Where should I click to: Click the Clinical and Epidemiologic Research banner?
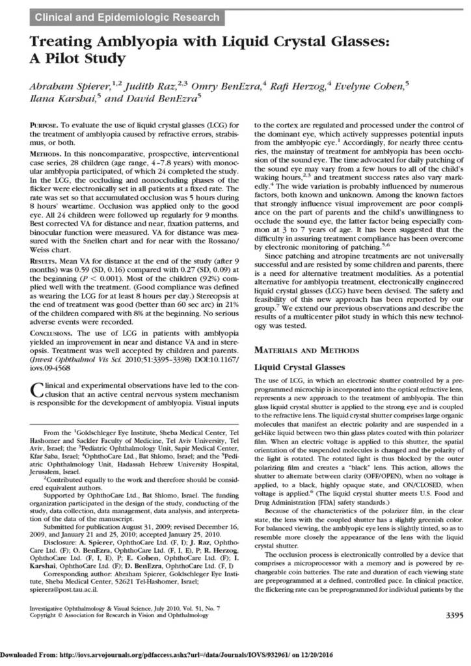click(x=127, y=17)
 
